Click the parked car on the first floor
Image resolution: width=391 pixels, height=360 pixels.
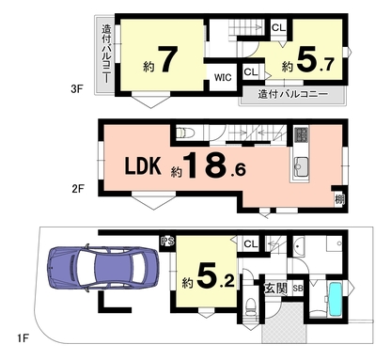(103, 268)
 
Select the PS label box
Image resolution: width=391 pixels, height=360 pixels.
(167, 242)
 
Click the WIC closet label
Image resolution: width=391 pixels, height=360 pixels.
(223, 77)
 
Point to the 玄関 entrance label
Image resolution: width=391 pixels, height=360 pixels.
(275, 289)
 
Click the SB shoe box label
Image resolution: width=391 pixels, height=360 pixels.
(298, 289)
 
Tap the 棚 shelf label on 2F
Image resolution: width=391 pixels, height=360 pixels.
(339, 199)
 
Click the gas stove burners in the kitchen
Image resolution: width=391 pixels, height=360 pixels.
(302, 133)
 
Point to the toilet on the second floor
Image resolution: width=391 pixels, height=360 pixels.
(185, 133)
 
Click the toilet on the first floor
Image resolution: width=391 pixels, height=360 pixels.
(250, 308)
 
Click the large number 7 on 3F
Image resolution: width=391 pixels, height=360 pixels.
(167, 59)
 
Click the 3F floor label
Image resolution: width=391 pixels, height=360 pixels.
(77, 89)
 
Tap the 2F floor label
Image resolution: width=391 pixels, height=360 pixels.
(78, 189)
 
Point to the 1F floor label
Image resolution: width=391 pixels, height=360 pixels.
(23, 338)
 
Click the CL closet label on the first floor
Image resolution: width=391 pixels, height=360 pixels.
(251, 243)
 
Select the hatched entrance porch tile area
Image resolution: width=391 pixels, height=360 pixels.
(284, 322)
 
